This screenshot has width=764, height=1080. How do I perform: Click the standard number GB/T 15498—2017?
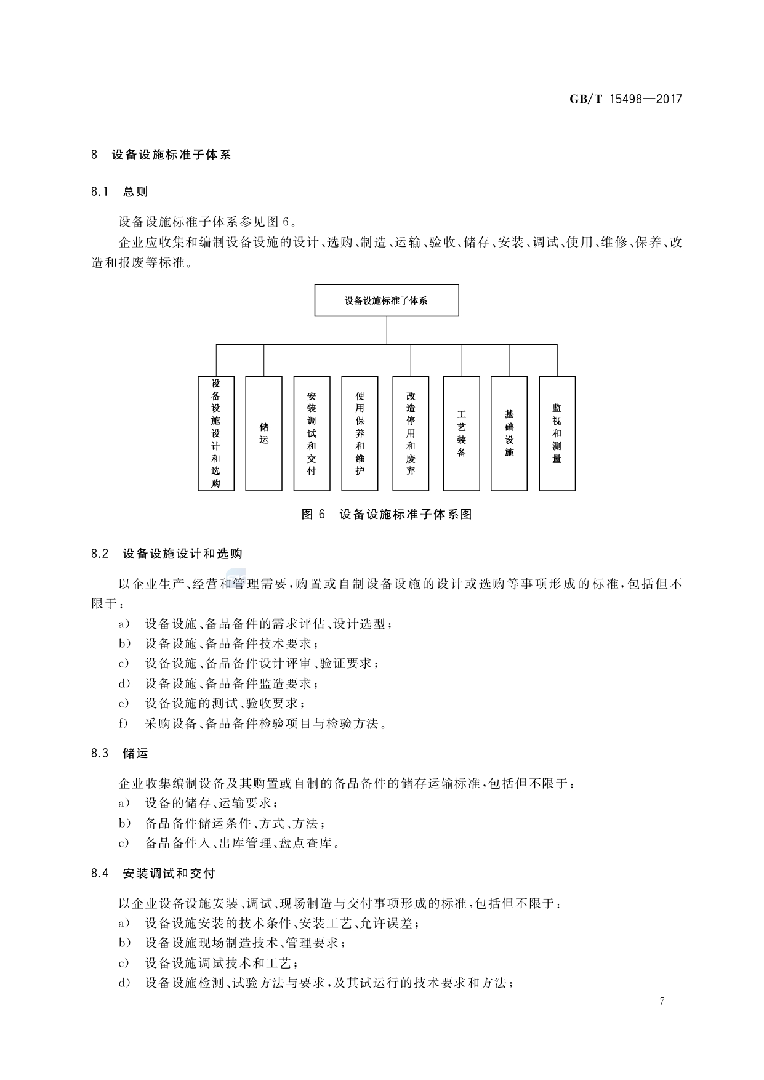click(625, 99)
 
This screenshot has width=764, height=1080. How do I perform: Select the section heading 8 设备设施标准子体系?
click(161, 155)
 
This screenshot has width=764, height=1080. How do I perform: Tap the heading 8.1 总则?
click(119, 191)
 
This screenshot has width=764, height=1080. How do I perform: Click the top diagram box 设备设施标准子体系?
click(386, 300)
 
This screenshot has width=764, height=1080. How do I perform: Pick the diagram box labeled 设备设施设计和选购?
click(215, 433)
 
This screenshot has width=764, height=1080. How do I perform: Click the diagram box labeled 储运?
click(263, 433)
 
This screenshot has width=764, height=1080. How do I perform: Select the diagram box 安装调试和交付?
click(312, 433)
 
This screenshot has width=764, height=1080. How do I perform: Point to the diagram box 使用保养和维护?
click(360, 433)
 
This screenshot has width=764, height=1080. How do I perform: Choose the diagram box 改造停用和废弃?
click(411, 433)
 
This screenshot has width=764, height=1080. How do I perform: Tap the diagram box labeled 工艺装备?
click(461, 433)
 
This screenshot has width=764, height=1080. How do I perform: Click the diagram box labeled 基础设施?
click(509, 433)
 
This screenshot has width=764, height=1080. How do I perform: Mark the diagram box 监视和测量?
click(557, 433)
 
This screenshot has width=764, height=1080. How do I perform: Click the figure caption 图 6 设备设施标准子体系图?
click(387, 515)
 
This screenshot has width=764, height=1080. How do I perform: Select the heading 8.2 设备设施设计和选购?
click(166, 554)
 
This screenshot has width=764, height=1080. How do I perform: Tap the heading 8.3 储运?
click(119, 753)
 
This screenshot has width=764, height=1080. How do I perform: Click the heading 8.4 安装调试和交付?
click(153, 873)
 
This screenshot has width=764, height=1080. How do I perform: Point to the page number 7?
click(662, 1001)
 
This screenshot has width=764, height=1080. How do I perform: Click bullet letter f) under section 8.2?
click(124, 723)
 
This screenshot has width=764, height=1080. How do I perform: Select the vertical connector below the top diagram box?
click(387, 331)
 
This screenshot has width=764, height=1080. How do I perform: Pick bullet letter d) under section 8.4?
click(124, 983)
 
